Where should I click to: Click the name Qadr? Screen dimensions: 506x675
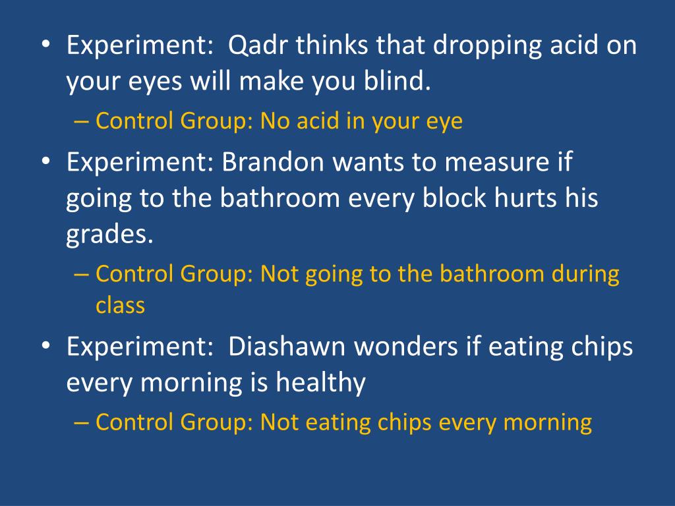click(x=258, y=47)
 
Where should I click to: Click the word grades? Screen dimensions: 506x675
click(x=109, y=236)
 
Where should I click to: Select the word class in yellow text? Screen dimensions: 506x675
click(x=120, y=306)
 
